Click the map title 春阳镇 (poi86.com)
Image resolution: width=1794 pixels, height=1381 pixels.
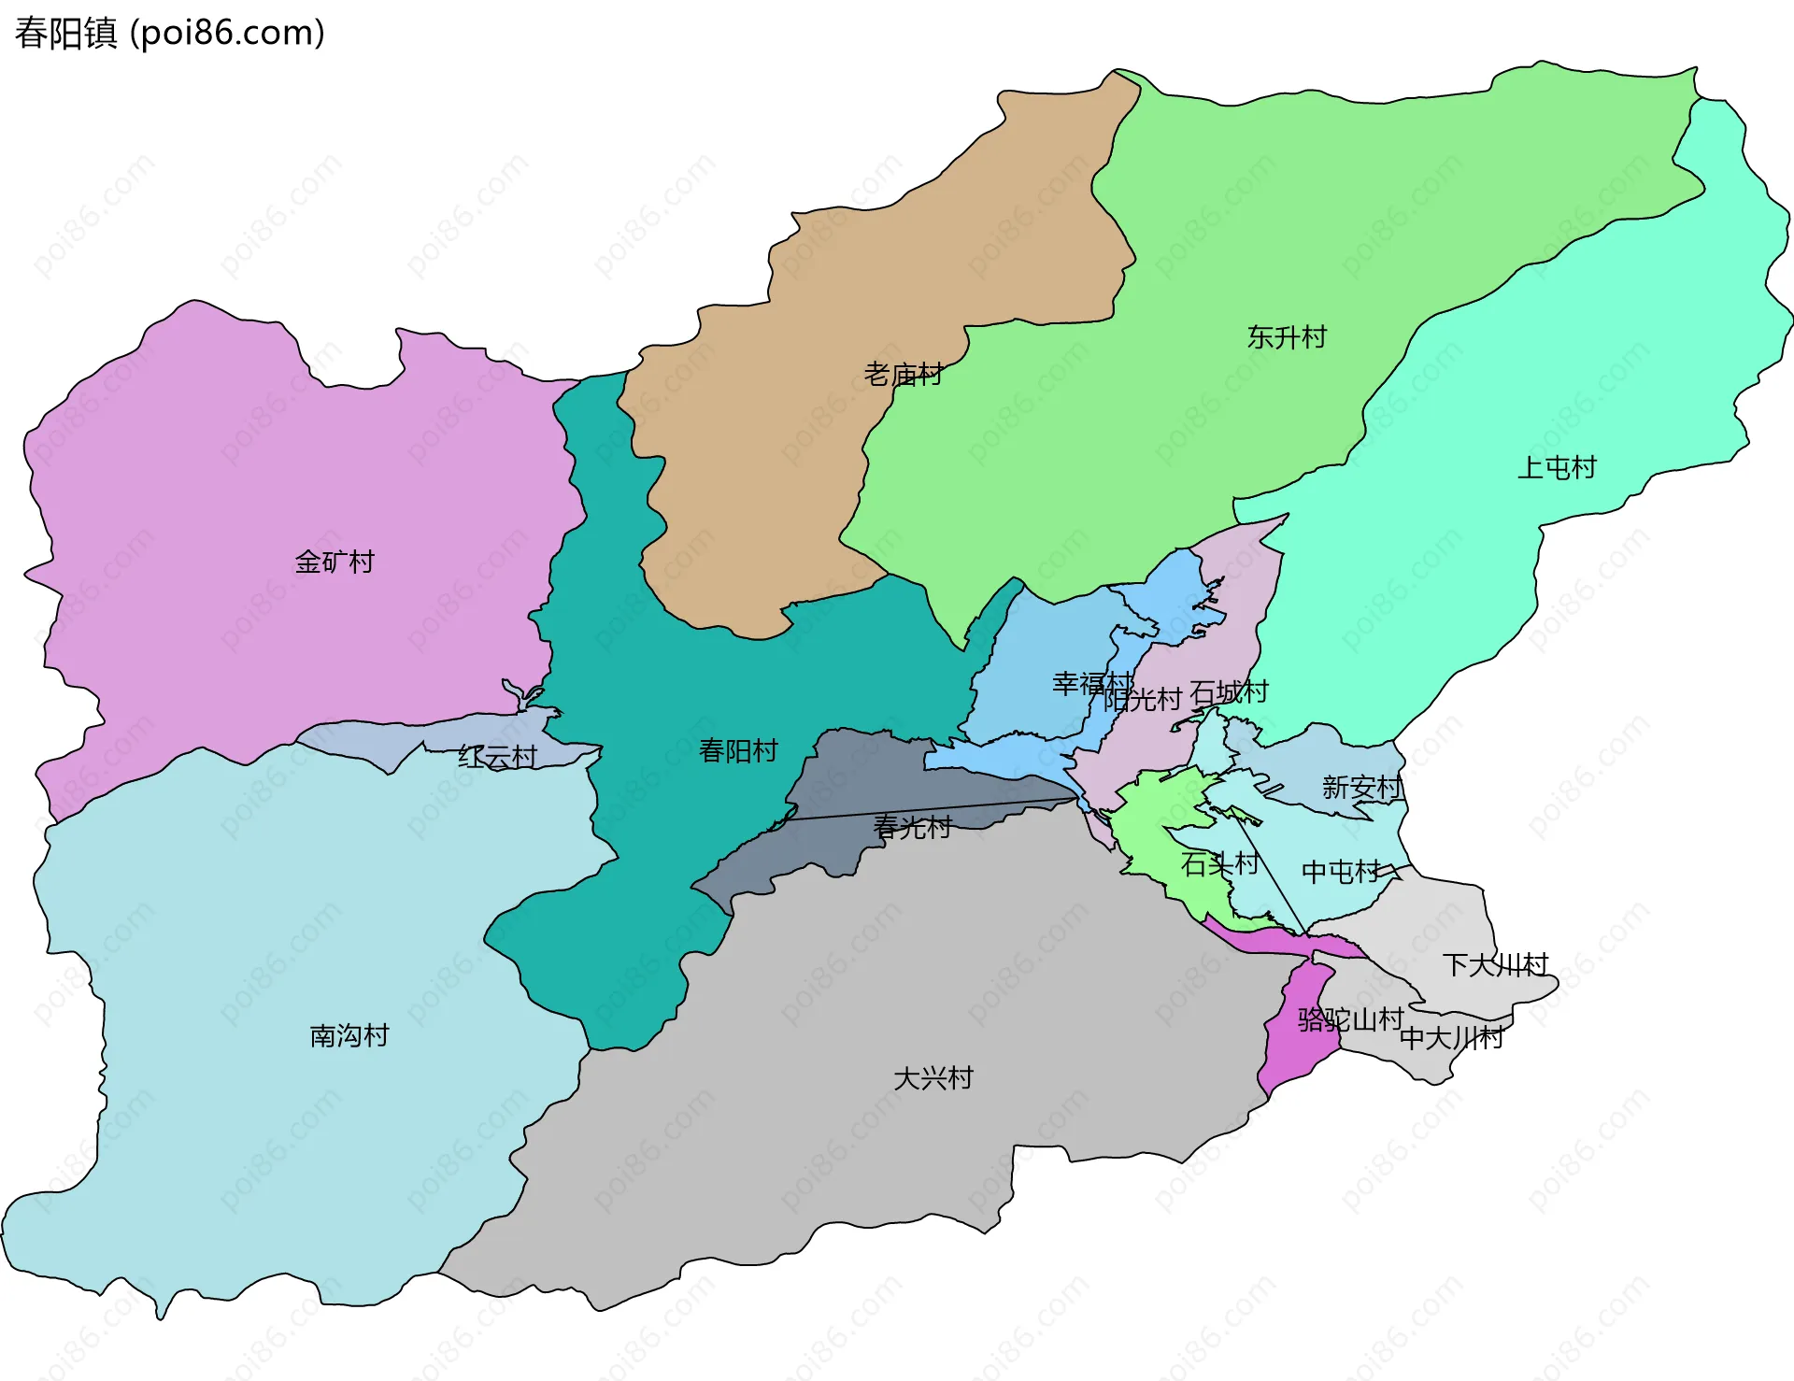[x=169, y=33]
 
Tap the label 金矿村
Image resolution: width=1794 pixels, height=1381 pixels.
[x=335, y=562]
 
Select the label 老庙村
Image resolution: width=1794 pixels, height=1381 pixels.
[x=903, y=375]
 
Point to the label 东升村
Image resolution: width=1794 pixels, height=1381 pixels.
[x=1287, y=336]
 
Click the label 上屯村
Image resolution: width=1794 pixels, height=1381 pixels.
[x=1557, y=467]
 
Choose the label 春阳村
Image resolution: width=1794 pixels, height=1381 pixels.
[x=738, y=750]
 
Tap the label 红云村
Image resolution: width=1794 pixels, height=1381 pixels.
[x=497, y=757]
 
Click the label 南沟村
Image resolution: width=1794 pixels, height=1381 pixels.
[x=349, y=1035]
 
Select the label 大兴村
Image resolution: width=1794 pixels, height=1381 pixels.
[x=933, y=1078]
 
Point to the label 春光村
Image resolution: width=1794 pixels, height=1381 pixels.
[x=912, y=827]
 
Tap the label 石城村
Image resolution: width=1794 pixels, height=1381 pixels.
[x=1230, y=692]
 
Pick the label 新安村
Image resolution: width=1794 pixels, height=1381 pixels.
[x=1361, y=788]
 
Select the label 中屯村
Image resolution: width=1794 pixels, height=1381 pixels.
[x=1341, y=872]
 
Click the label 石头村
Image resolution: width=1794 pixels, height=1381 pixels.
[x=1219, y=863]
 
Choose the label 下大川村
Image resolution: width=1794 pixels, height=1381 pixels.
[x=1495, y=964]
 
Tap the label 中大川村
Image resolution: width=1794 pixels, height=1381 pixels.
[x=1451, y=1037]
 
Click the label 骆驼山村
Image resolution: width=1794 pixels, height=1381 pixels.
[x=1350, y=1018]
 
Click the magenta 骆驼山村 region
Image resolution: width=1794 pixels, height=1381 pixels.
[x=1294, y=1056]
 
